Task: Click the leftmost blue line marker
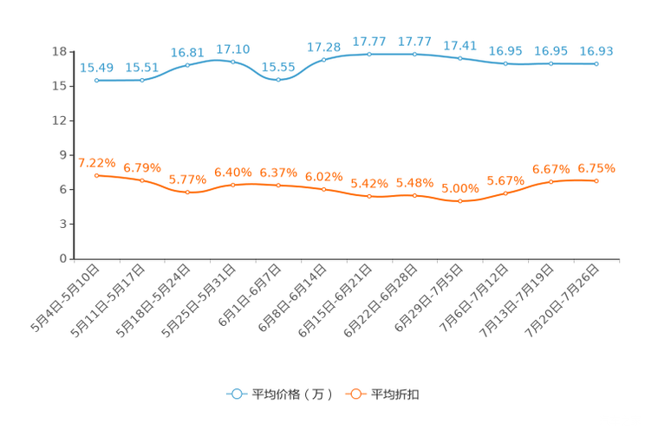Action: click(x=97, y=81)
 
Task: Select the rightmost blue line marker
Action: click(x=596, y=63)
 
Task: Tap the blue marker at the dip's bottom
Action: click(x=278, y=80)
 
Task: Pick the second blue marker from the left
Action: click(x=142, y=81)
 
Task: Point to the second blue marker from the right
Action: click(x=551, y=63)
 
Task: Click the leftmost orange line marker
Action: click(x=97, y=175)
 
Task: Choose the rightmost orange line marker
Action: click(x=596, y=180)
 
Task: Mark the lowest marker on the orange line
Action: click(x=460, y=200)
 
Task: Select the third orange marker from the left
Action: click(x=187, y=192)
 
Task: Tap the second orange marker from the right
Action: click(x=551, y=182)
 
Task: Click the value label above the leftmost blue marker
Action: click(x=97, y=68)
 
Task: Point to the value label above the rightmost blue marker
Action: click(x=596, y=51)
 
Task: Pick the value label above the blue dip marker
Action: click(x=278, y=67)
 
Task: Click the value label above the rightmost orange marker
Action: click(x=596, y=167)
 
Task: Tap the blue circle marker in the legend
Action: click(x=237, y=394)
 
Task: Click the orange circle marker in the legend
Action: click(x=355, y=394)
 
